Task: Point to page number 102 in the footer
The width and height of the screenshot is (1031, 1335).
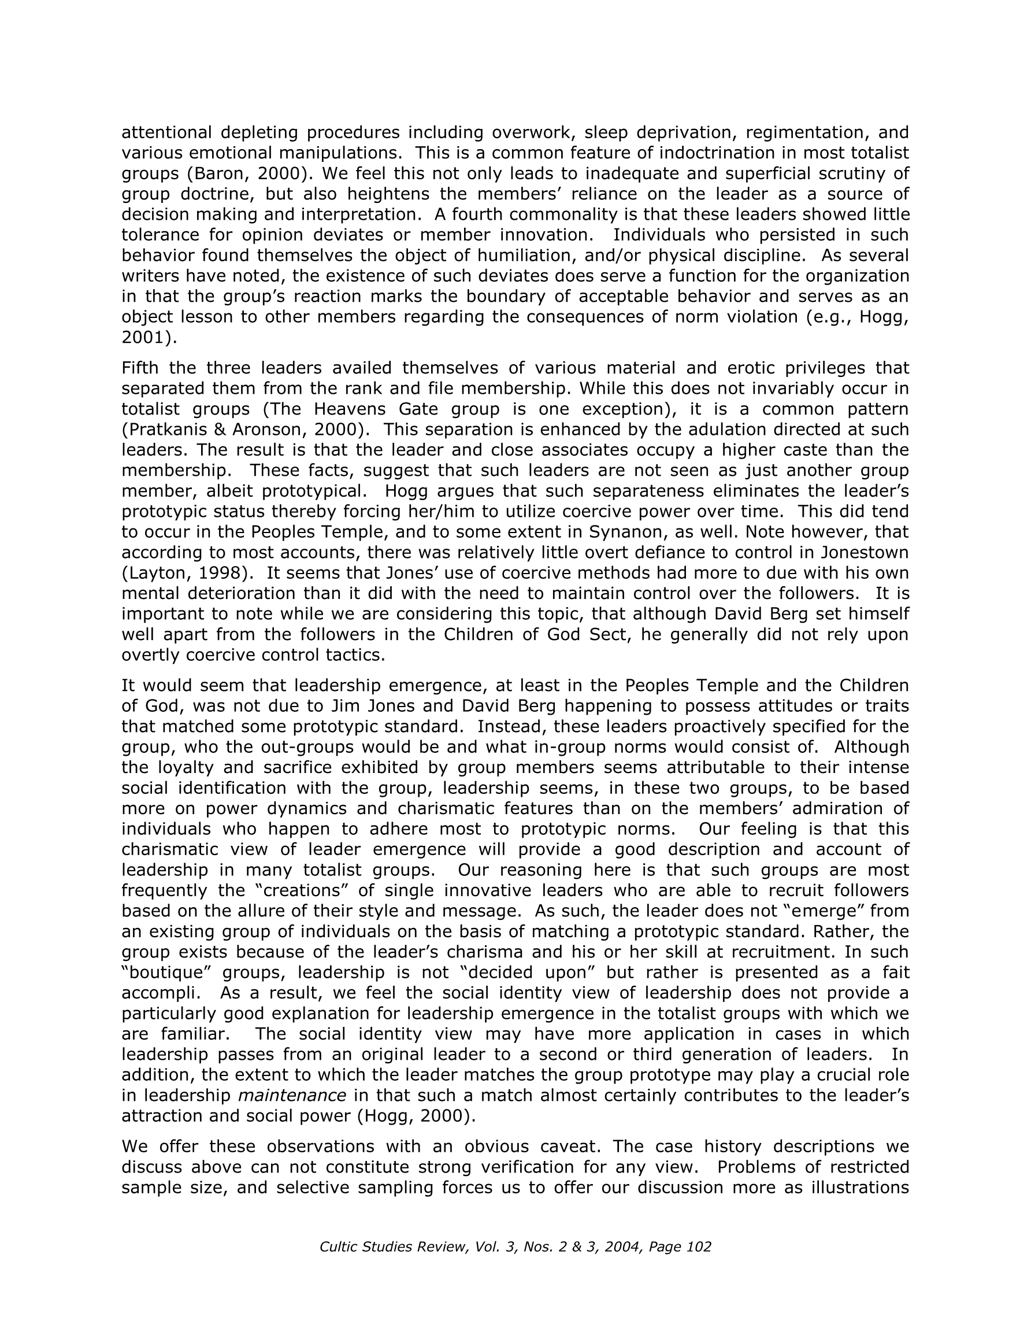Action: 699,1247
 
